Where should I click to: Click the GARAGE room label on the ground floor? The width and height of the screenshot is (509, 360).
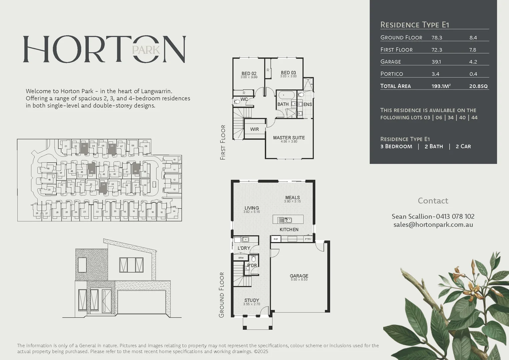tap(299, 276)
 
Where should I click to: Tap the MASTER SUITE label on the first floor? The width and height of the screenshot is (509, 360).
tap(289, 138)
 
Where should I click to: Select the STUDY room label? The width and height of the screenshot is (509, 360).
tap(251, 300)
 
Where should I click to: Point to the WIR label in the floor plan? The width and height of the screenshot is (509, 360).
tap(254, 129)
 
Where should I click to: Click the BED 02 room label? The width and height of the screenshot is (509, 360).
tap(249, 74)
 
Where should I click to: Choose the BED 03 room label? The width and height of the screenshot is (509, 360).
tap(288, 73)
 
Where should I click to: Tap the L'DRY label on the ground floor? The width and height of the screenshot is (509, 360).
tap(244, 248)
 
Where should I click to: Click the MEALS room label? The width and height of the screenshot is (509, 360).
tap(292, 198)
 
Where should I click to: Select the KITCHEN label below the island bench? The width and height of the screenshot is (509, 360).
tap(289, 230)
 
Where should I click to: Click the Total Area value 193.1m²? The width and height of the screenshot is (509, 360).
tap(441, 86)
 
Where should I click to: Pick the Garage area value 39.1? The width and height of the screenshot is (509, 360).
tap(436, 62)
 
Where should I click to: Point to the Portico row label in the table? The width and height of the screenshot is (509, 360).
tap(392, 74)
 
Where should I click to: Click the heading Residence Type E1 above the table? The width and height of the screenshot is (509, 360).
tap(415, 25)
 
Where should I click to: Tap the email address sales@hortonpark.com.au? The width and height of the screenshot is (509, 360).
tap(433, 225)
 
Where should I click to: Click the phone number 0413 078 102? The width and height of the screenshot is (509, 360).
tap(455, 216)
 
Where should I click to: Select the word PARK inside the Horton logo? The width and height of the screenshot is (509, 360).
tap(146, 50)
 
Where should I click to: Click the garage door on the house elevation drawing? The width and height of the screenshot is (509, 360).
tap(142, 302)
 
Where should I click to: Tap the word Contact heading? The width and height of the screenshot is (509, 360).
tap(433, 201)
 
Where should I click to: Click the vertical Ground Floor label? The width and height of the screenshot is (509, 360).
tap(222, 295)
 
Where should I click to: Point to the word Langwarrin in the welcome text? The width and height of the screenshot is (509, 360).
tap(156, 91)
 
